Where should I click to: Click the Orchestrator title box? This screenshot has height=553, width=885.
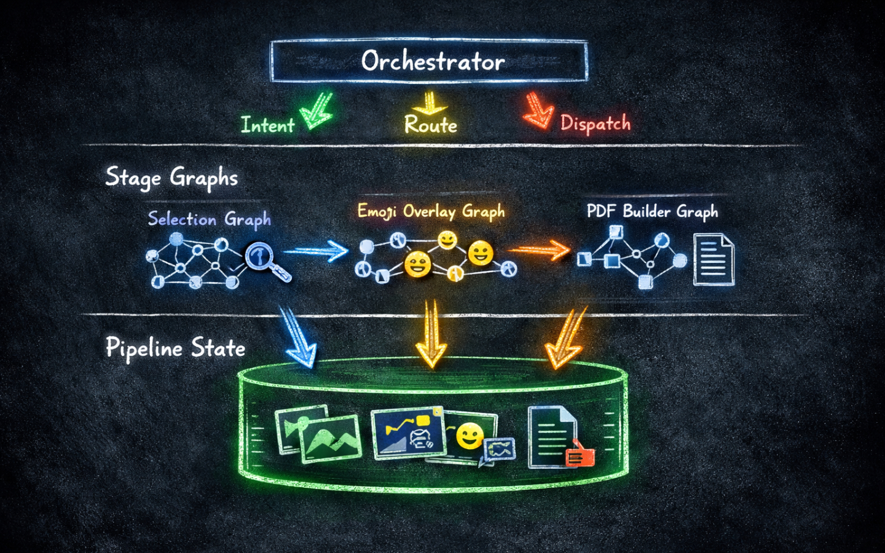pyautogui.click(x=429, y=61)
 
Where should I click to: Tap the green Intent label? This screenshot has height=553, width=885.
pyautogui.click(x=267, y=125)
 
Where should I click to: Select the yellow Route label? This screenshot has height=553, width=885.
pyautogui.click(x=430, y=125)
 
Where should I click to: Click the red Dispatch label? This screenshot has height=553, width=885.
pyautogui.click(x=595, y=124)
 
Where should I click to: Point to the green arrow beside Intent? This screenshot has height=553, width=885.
pyautogui.click(x=317, y=111)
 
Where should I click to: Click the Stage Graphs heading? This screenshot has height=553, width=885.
pyautogui.click(x=171, y=178)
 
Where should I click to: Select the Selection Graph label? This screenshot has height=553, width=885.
pyautogui.click(x=209, y=219)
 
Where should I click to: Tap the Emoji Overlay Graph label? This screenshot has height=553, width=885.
pyautogui.click(x=431, y=211)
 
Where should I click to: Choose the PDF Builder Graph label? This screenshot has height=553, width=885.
pyautogui.click(x=652, y=211)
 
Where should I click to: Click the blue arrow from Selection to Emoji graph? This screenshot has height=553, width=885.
pyautogui.click(x=317, y=251)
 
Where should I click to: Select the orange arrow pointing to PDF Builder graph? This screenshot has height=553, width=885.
pyautogui.click(x=540, y=250)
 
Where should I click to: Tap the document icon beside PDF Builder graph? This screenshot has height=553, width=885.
pyautogui.click(x=714, y=260)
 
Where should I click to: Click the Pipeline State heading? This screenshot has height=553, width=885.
pyautogui.click(x=175, y=348)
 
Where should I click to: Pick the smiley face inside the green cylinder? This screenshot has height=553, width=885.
pyautogui.click(x=470, y=436)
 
